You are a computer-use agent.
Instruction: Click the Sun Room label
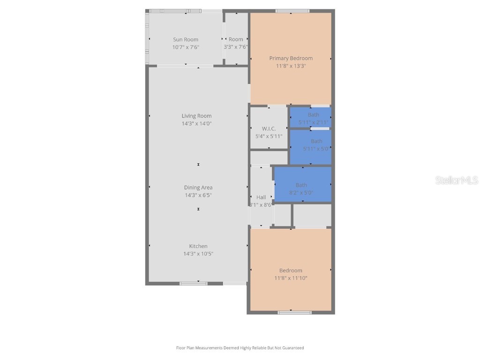tap(186, 40)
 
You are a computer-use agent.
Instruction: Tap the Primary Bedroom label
tap(291, 58)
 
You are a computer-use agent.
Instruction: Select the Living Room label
tap(197, 116)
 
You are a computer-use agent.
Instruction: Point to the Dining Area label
tap(198, 187)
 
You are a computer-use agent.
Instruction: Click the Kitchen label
tap(198, 246)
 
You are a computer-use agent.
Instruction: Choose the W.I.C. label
tap(269, 128)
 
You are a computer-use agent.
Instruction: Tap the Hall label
tap(261, 197)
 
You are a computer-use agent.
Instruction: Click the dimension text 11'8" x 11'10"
tap(291, 278)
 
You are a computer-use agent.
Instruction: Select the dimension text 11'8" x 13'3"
tap(291, 66)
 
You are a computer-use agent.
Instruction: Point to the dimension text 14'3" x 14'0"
tap(197, 124)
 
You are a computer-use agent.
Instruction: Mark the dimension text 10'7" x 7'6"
tap(186, 47)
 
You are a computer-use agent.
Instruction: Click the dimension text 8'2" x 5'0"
tap(301, 193)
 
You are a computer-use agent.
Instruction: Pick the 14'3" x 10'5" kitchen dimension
tap(198, 254)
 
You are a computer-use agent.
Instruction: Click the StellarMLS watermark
tap(456, 180)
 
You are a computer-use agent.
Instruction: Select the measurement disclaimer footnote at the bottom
tap(240, 348)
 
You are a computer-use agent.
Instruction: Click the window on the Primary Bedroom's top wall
tap(292, 11)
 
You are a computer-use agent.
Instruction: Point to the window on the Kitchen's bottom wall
tap(194, 283)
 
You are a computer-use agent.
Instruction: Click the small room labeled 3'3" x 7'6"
tap(236, 39)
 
